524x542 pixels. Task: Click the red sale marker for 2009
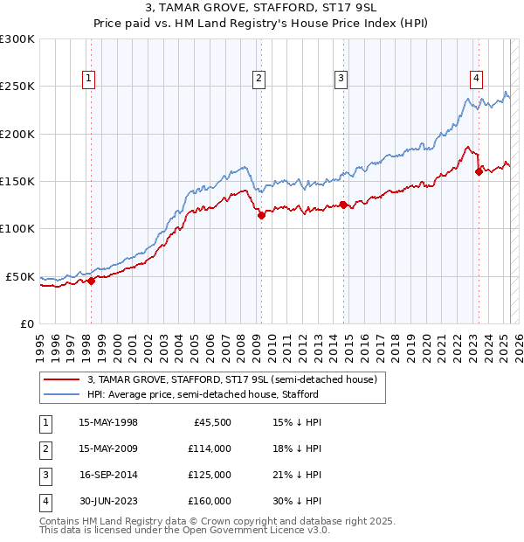tap(261, 215)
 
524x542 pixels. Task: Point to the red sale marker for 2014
tap(343, 205)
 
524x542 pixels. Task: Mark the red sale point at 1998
tap(91, 281)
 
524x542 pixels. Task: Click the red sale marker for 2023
tap(479, 171)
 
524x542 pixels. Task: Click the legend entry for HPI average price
tap(203, 394)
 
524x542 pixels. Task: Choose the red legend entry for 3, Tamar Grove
tap(231, 379)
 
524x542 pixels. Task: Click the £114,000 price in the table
tap(210, 449)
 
